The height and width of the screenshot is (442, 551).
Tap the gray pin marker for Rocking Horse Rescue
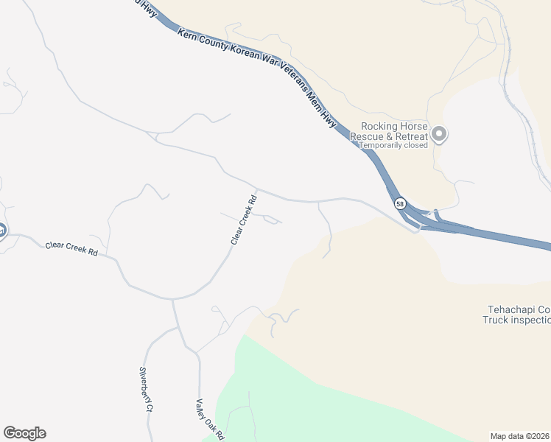coord(440,134)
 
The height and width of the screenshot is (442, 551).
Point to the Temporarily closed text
coord(393,146)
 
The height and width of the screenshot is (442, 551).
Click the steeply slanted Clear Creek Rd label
coord(244,220)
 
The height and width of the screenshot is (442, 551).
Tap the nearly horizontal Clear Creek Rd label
coord(71,250)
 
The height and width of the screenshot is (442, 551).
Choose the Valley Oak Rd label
coord(209,419)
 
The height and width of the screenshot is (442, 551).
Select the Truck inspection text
coord(516,320)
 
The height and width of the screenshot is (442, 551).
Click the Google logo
coord(24,433)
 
